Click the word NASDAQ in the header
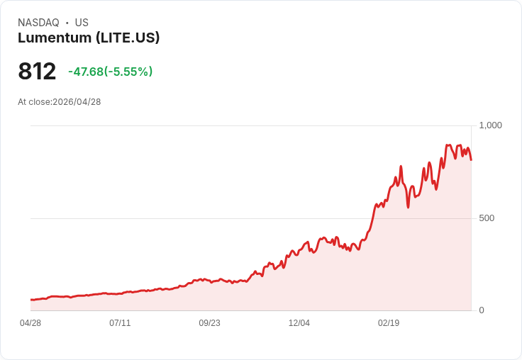[x=38, y=23]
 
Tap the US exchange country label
[x=82, y=23]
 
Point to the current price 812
[x=37, y=72]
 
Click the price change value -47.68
[x=86, y=72]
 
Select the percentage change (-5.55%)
[x=128, y=72]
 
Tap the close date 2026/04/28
[x=77, y=102]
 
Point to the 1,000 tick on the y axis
[x=490, y=125]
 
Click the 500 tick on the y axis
[x=487, y=218]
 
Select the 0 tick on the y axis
[x=482, y=310]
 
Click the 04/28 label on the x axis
[x=30, y=323]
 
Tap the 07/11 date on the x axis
[x=120, y=323]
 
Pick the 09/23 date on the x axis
[x=209, y=323]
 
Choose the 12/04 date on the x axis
[x=299, y=323]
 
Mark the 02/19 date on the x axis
[x=389, y=323]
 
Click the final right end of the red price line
[x=471, y=159]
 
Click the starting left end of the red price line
[x=30, y=300]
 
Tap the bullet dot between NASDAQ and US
[x=67, y=23]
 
